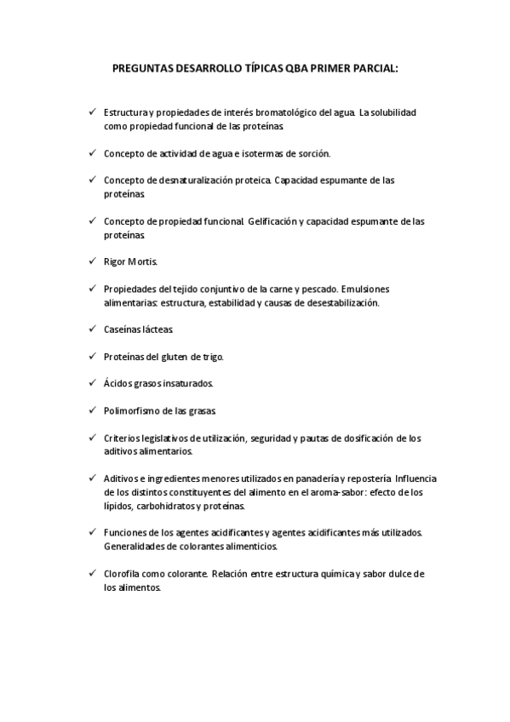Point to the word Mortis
(143, 261)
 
